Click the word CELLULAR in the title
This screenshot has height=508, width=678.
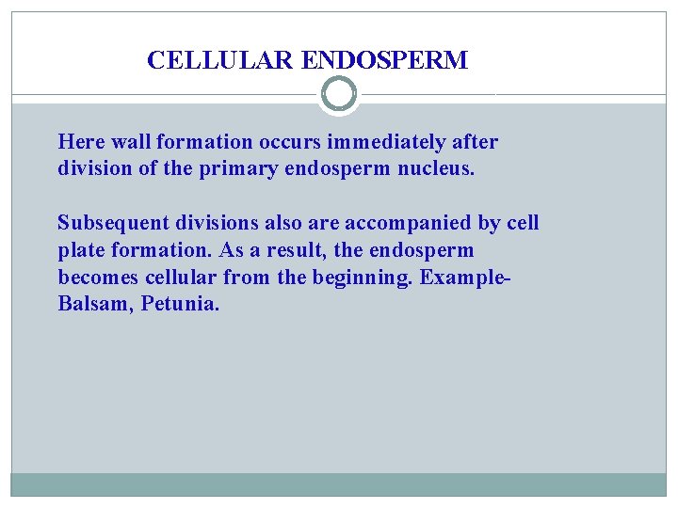tap(221, 61)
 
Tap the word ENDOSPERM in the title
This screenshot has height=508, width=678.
tap(384, 61)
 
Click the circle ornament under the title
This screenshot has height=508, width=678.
tap(339, 94)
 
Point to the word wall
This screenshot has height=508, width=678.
tap(130, 142)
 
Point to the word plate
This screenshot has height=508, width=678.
tap(78, 251)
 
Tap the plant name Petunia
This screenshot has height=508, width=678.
tap(179, 306)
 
